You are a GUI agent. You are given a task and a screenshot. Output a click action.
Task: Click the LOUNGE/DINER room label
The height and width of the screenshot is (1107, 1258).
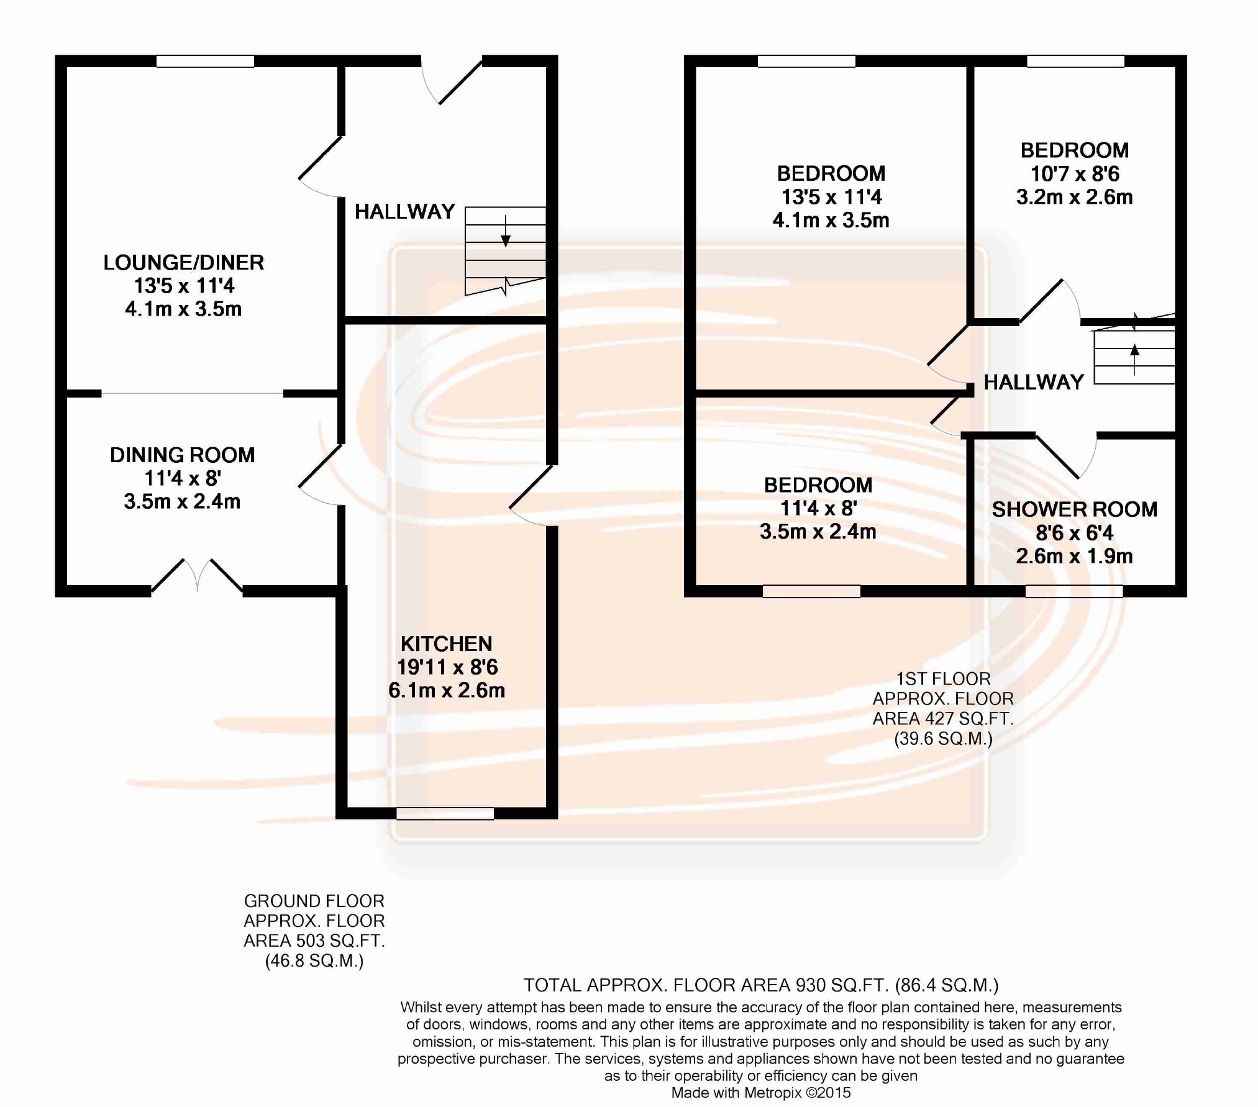click(183, 263)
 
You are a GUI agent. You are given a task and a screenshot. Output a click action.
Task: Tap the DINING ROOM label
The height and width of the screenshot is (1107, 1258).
click(182, 455)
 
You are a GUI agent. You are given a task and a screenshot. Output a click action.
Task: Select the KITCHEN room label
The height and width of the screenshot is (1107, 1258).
click(446, 644)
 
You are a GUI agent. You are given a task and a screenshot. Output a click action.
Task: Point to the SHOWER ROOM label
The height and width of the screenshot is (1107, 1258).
click(1074, 509)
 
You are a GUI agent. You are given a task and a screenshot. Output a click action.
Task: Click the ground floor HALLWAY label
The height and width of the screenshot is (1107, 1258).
click(404, 212)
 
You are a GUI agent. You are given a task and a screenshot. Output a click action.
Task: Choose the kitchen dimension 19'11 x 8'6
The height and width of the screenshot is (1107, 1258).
click(447, 667)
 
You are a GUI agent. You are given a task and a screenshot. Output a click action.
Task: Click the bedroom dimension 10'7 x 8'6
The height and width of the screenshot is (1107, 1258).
click(1075, 174)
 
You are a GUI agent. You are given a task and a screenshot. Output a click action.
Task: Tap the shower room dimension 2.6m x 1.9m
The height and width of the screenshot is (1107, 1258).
click(1074, 556)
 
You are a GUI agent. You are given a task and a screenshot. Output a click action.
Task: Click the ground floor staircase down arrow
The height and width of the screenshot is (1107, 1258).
click(506, 233)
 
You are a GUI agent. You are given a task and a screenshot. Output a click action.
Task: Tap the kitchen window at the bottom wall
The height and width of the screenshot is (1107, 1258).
click(445, 813)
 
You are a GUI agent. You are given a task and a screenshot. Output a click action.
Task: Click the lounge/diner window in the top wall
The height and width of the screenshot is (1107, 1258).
click(205, 61)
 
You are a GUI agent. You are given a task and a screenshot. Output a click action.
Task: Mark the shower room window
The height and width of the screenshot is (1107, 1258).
click(1073, 591)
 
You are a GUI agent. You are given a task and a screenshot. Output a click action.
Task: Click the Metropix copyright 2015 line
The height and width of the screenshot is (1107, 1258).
click(761, 1093)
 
